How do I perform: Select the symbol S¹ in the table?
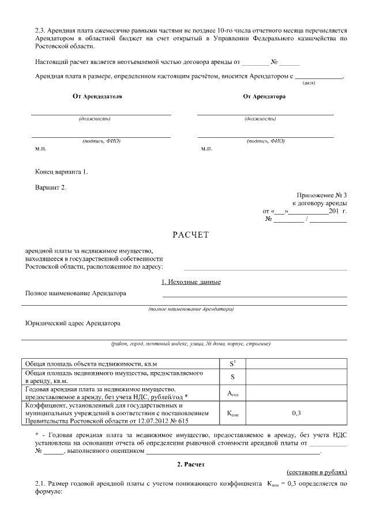click(x=233, y=363)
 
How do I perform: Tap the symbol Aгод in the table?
click(x=233, y=395)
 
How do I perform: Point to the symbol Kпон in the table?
click(x=233, y=414)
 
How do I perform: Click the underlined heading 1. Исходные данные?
click(x=191, y=282)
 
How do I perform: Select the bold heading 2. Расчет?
click(x=191, y=464)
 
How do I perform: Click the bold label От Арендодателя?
click(x=97, y=96)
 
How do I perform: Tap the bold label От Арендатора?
click(x=264, y=96)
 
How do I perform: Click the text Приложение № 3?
click(x=322, y=196)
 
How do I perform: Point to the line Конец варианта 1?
click(x=62, y=172)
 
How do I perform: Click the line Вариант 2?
click(x=51, y=187)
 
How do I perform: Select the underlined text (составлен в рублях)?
click(x=317, y=471)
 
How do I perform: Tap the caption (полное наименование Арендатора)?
click(x=191, y=309)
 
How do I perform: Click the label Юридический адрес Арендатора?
click(x=73, y=324)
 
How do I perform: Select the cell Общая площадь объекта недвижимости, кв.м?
click(x=89, y=364)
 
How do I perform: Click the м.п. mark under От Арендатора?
click(x=206, y=149)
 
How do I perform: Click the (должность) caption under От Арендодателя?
click(x=95, y=119)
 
